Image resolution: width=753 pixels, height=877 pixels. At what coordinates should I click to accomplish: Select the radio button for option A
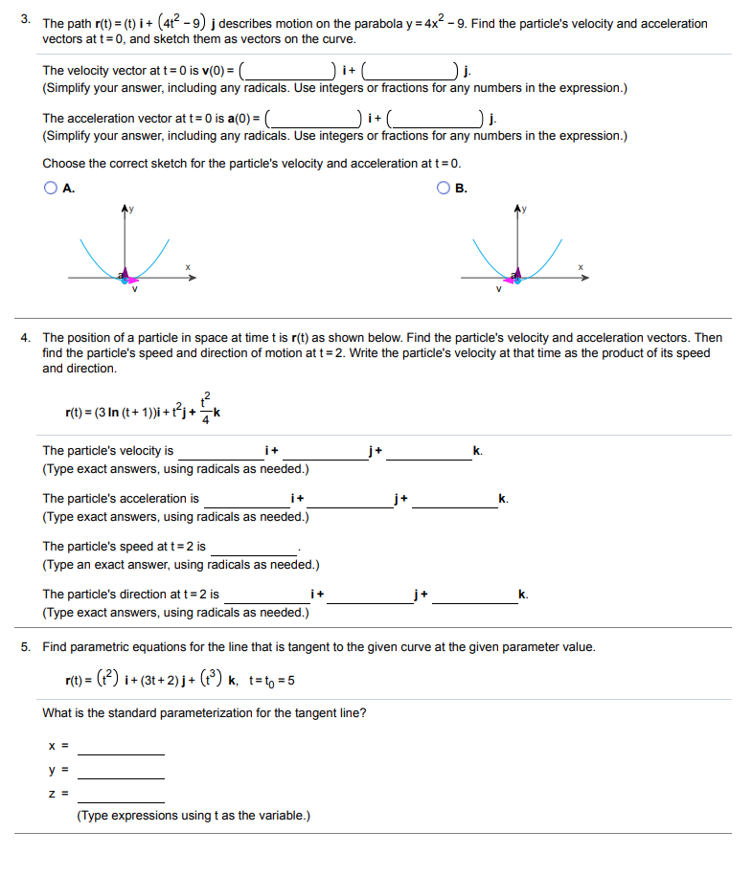point(50,189)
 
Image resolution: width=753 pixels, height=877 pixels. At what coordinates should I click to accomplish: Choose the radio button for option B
point(443,189)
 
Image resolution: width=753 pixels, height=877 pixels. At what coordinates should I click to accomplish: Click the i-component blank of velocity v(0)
point(288,70)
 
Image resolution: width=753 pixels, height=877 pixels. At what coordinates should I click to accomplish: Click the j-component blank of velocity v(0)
point(409,70)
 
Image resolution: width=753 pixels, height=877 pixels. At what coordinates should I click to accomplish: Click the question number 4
point(26,338)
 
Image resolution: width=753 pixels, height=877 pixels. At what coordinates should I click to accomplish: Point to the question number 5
point(26,647)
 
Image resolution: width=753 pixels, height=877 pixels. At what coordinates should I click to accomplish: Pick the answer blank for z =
point(121,793)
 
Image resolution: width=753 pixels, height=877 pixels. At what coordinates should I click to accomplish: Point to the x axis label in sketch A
point(188,267)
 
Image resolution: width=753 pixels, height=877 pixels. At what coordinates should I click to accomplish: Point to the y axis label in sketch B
point(523,209)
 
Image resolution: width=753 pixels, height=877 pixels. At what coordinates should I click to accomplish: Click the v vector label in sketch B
point(498,289)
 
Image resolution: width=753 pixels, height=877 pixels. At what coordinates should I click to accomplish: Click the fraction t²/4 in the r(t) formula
point(207,406)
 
